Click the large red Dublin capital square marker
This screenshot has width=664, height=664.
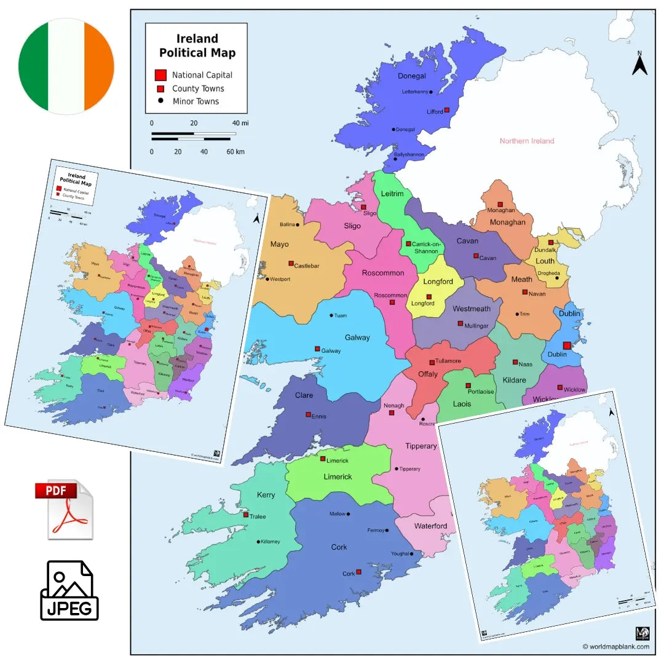[x=566, y=346]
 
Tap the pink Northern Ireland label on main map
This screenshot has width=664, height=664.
[x=526, y=141]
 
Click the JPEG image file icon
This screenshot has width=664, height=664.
[x=69, y=590]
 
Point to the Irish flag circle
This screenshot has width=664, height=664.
[x=66, y=66]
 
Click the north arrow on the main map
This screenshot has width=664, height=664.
[x=639, y=64]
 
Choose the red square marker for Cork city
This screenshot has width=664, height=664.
[x=358, y=572]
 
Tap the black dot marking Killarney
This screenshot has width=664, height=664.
[x=258, y=542]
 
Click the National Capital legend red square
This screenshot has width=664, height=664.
[x=160, y=75]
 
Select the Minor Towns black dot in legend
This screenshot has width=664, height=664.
[x=160, y=101]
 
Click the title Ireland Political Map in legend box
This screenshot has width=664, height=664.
[x=197, y=46]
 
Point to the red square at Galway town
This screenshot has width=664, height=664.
[x=317, y=349]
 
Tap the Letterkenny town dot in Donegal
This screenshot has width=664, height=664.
[x=431, y=92]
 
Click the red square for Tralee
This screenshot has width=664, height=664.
[x=246, y=515]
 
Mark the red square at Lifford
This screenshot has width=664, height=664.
[x=447, y=110]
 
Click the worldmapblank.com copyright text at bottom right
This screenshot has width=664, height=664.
[x=615, y=646]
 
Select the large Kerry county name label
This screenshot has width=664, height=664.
[x=266, y=495]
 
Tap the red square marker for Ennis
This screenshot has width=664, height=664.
[x=308, y=415]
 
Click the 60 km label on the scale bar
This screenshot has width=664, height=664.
[x=235, y=151]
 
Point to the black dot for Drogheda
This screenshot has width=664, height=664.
[x=557, y=278]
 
